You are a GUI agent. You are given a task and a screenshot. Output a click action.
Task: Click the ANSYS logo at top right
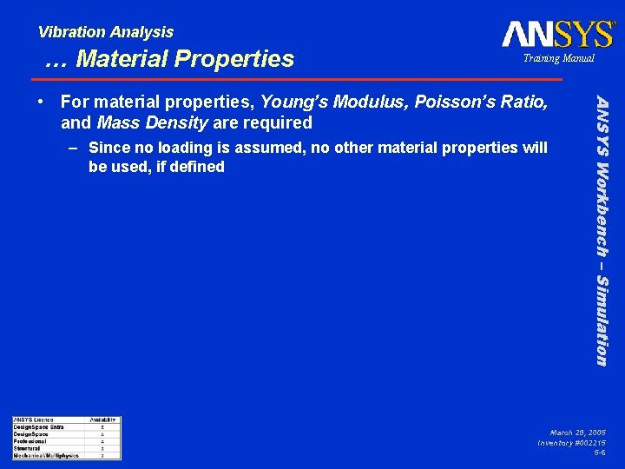557,34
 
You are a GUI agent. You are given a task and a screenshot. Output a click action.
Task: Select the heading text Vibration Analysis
105,32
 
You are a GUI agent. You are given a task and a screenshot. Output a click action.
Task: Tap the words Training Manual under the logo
558,58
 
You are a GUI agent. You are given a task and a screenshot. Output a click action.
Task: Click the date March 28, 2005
577,432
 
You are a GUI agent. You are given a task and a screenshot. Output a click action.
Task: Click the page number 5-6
599,452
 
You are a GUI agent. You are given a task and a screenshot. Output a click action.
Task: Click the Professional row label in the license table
30,441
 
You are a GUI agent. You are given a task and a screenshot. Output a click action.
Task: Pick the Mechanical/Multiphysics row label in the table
45,455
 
